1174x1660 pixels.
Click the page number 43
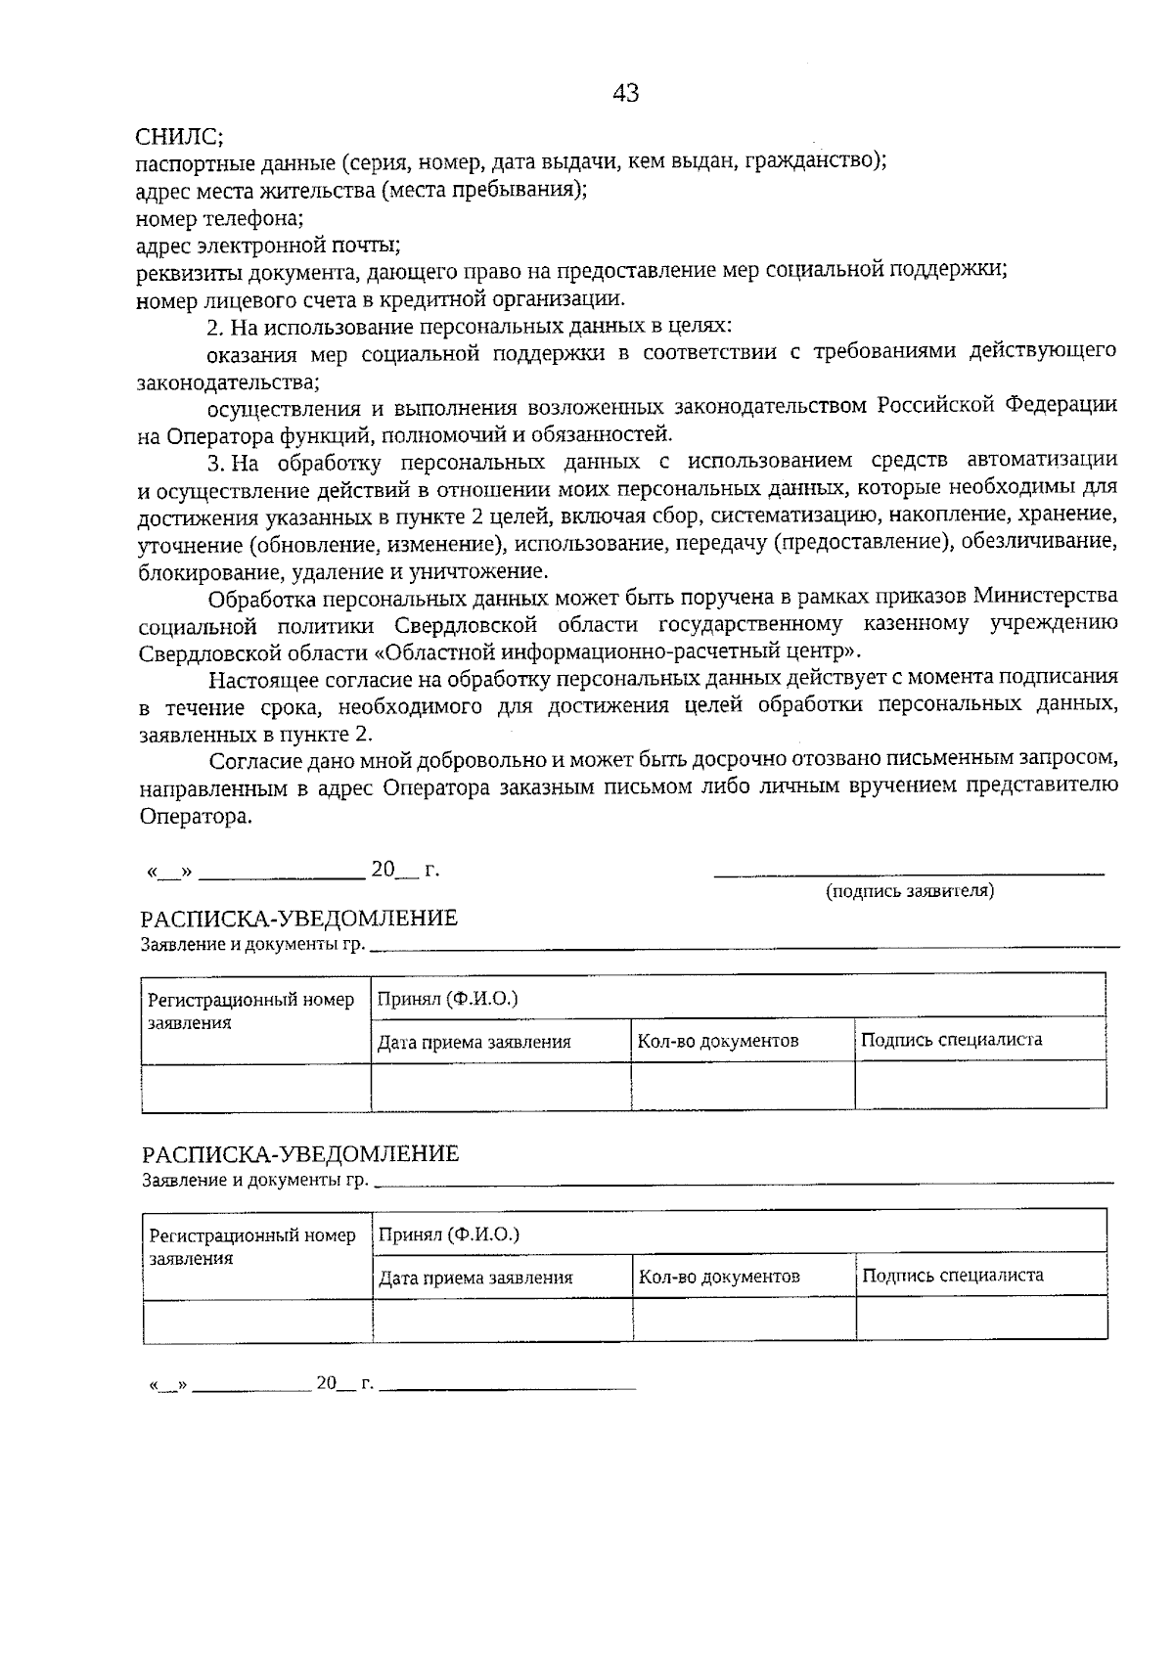coord(625,93)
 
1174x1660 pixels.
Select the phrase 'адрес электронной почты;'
coord(267,245)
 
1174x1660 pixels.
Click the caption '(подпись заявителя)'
coord(910,891)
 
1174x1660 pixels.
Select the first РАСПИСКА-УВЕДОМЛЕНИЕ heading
coord(298,919)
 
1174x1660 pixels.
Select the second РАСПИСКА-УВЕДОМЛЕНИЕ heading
coord(299,1154)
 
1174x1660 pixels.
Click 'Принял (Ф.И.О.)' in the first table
coord(448,999)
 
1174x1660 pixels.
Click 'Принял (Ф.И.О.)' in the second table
coord(449,1234)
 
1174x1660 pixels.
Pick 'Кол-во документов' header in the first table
coord(718,1041)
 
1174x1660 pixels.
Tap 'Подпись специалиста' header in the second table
coord(953,1276)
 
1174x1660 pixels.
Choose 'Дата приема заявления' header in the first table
coord(474,1042)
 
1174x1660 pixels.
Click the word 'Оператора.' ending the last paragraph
coord(196,817)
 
